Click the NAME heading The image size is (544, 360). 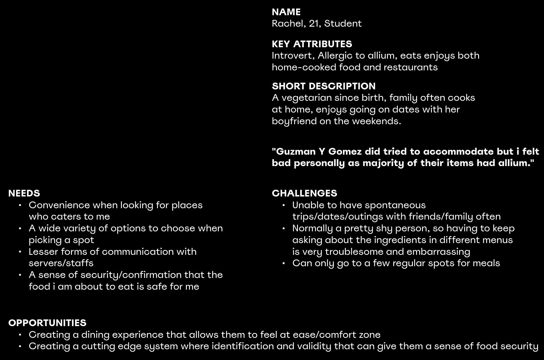(286, 12)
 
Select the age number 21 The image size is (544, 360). (313, 23)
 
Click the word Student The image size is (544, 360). (343, 23)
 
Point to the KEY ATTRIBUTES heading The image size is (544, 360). (312, 44)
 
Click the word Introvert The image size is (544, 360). (293, 56)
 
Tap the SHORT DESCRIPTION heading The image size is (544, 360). (324, 86)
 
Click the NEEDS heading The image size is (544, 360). (24, 193)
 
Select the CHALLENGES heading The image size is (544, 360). (304, 193)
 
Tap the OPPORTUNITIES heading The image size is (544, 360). (47, 323)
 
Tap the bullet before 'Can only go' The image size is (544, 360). (283, 263)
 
